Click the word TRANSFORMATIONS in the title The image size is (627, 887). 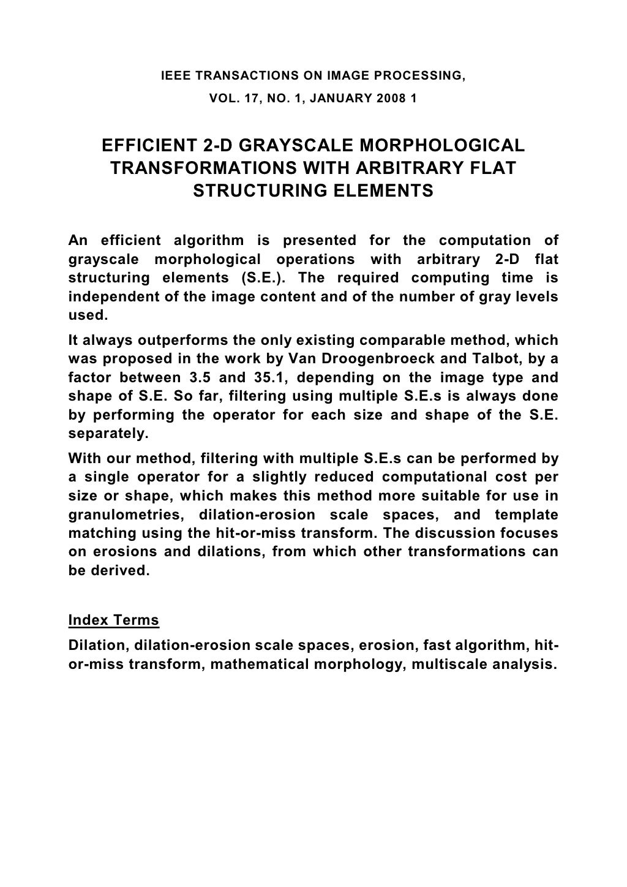click(x=201, y=168)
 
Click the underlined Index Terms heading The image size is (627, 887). click(x=114, y=621)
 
